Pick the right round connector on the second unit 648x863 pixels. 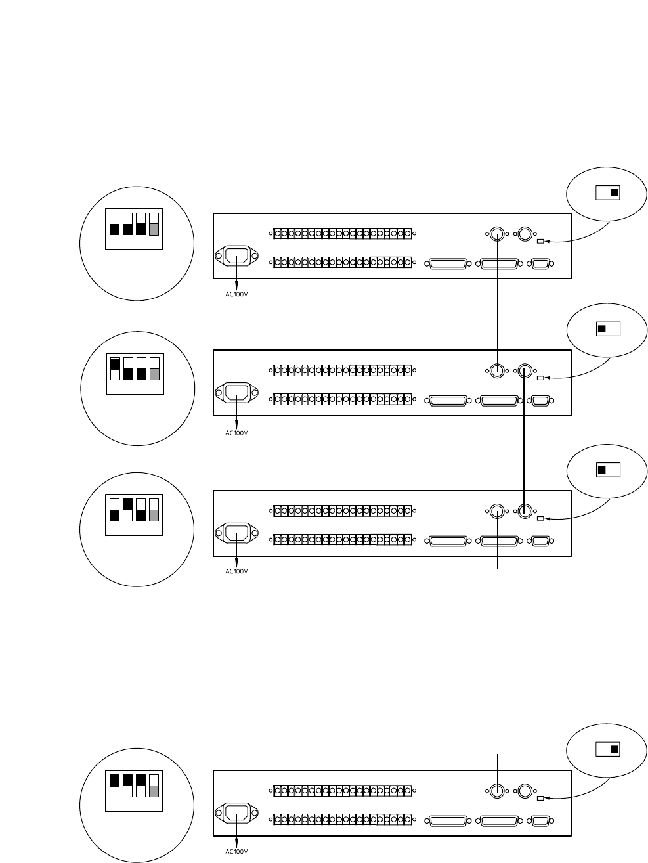[x=524, y=370]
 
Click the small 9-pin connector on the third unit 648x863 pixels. [x=541, y=541]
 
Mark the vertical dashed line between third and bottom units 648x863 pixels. [x=379, y=657]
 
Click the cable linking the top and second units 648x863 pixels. [x=498, y=302]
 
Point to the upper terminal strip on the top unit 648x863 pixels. [x=342, y=234]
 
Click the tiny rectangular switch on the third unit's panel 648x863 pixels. [x=540, y=519]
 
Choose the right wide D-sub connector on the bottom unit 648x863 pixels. [x=500, y=820]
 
